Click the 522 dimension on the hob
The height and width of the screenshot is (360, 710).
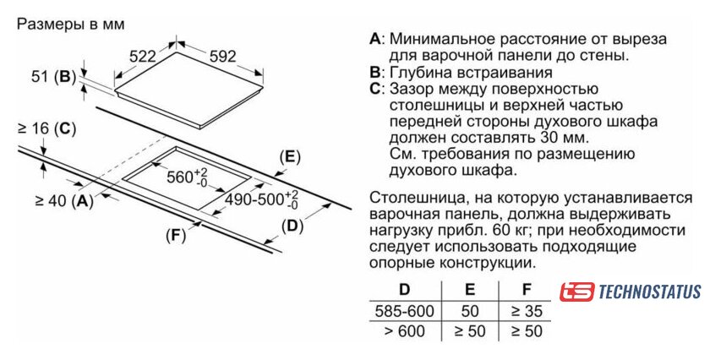pyautogui.click(x=142, y=57)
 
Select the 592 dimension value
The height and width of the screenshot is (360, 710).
pyautogui.click(x=223, y=56)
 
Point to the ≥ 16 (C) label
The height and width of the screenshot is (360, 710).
pyautogui.click(x=46, y=129)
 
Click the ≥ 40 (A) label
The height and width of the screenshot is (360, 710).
pyautogui.click(x=64, y=200)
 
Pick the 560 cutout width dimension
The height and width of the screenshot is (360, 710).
pyautogui.click(x=187, y=177)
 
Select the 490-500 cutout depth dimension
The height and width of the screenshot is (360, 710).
pyautogui.click(x=262, y=200)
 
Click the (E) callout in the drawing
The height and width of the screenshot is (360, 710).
pyautogui.click(x=290, y=157)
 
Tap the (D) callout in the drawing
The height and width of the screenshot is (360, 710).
pyautogui.click(x=292, y=226)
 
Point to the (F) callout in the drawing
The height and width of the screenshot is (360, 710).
pyautogui.click(x=176, y=236)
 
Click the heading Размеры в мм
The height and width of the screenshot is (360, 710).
pyautogui.click(x=71, y=24)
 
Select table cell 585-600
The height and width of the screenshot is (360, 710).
pyautogui.click(x=404, y=311)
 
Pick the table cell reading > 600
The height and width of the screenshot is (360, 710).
pyautogui.click(x=404, y=331)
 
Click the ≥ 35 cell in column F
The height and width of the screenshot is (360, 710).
pyautogui.click(x=526, y=311)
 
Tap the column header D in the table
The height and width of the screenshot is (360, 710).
pyautogui.click(x=404, y=289)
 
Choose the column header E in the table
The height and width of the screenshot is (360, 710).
pyautogui.click(x=470, y=289)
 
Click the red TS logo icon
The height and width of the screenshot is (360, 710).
pyautogui.click(x=576, y=292)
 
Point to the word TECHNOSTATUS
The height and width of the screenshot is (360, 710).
pyautogui.click(x=650, y=292)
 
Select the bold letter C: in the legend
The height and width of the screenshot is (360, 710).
pyautogui.click(x=377, y=89)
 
